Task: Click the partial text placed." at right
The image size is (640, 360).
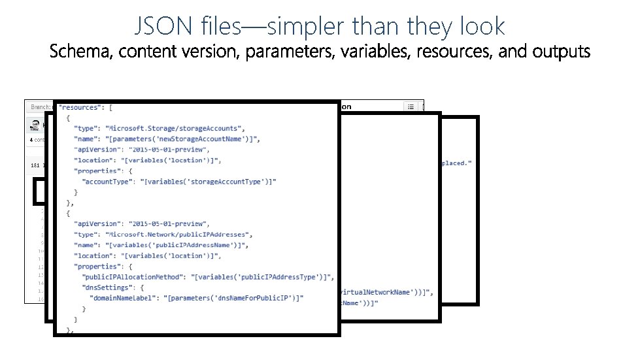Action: coord(456,163)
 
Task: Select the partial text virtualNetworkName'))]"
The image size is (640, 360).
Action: coord(386,292)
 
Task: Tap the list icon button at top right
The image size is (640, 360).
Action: coord(411,106)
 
